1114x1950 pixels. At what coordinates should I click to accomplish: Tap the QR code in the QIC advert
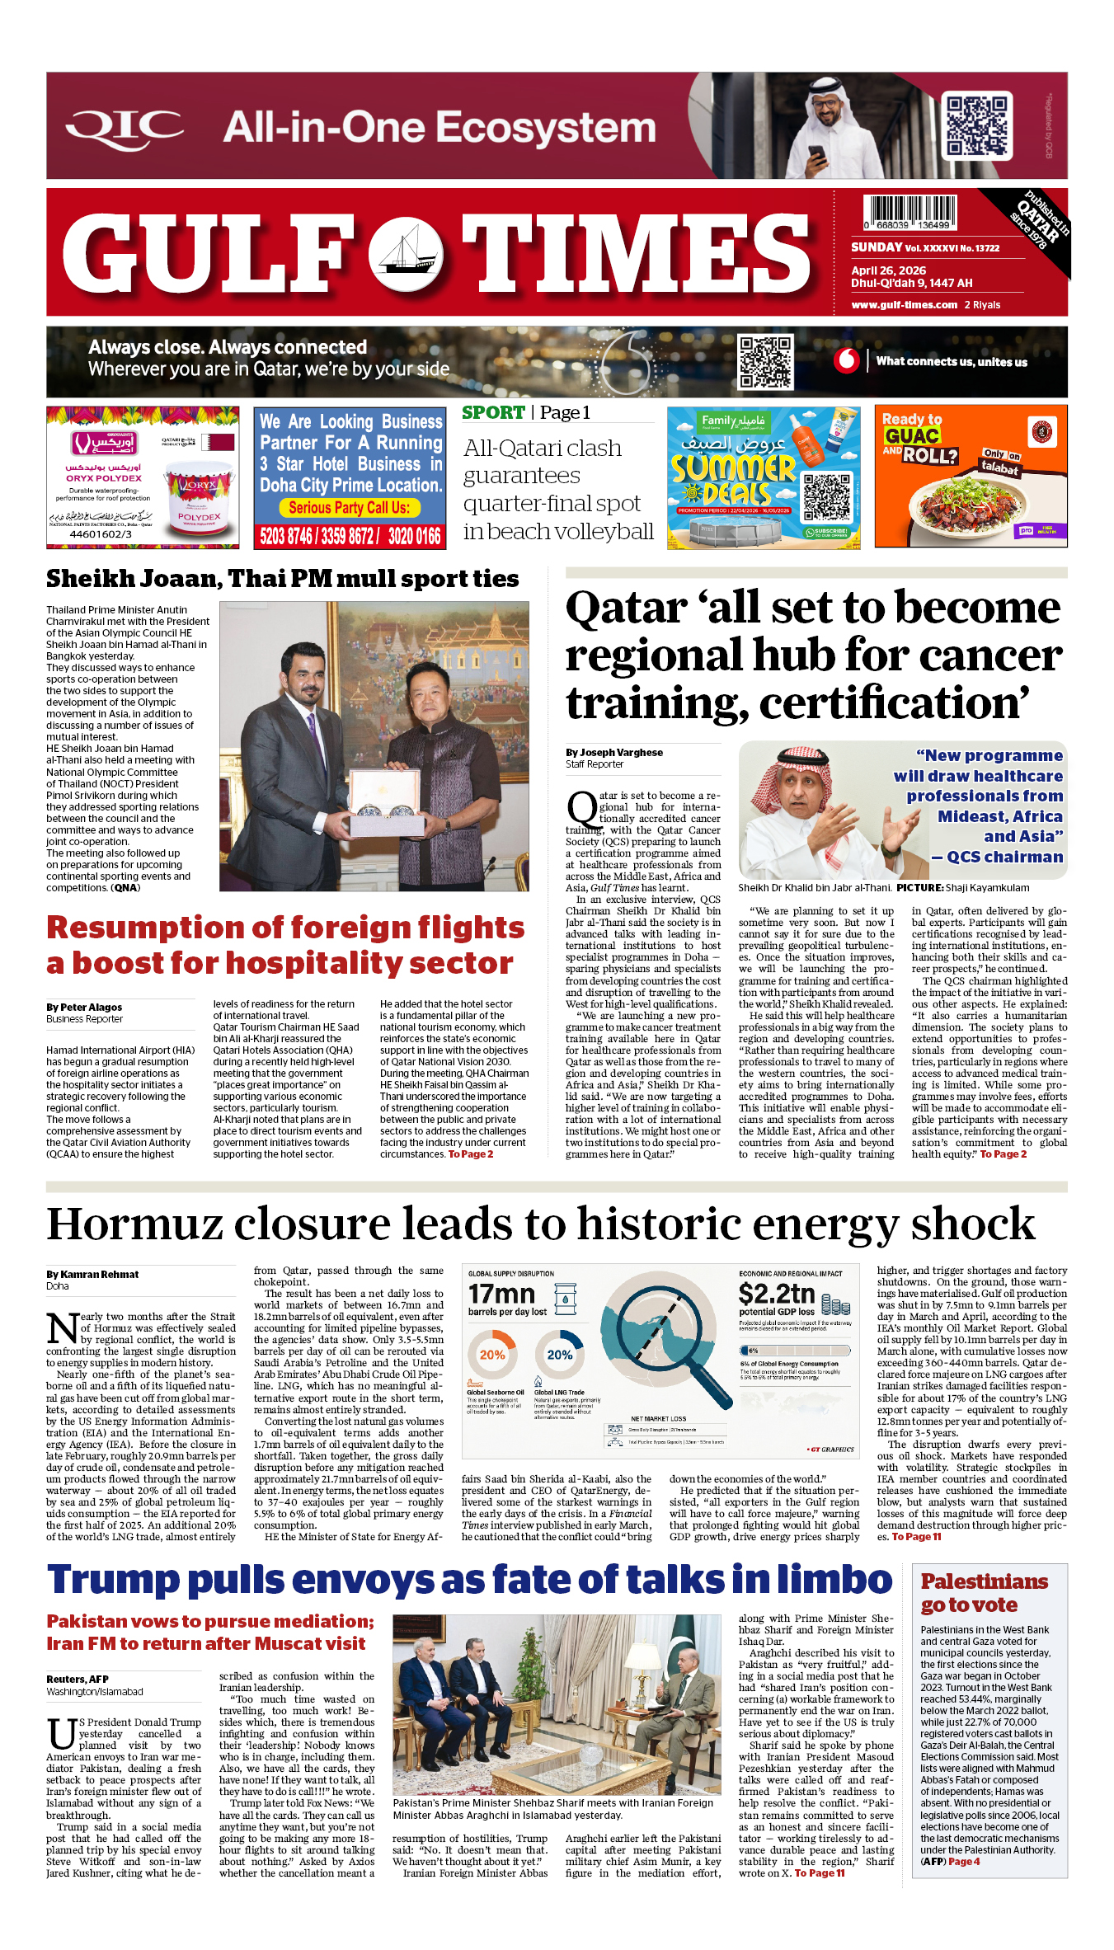coord(977,125)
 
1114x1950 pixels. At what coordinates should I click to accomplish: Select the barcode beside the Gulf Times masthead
coord(910,212)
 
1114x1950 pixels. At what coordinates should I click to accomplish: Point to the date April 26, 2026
coord(888,270)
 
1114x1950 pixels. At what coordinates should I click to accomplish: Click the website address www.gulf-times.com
coord(904,305)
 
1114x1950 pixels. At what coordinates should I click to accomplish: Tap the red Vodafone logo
coord(846,360)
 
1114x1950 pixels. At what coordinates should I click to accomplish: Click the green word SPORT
coord(493,413)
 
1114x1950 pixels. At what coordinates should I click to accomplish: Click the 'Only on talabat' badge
coord(1001,462)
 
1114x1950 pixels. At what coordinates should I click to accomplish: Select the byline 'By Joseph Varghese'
coord(613,752)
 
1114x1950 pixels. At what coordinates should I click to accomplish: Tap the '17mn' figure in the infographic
coord(501,1294)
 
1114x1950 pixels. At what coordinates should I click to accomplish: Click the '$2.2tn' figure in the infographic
coord(776,1293)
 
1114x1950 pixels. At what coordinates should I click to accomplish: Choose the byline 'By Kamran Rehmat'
coord(92,1274)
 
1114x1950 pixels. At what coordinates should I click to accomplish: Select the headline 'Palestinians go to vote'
coord(984,1593)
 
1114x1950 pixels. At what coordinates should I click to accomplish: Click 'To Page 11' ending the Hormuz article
coord(916,1537)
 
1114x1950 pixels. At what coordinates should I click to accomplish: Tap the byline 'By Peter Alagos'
coord(84,1007)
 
